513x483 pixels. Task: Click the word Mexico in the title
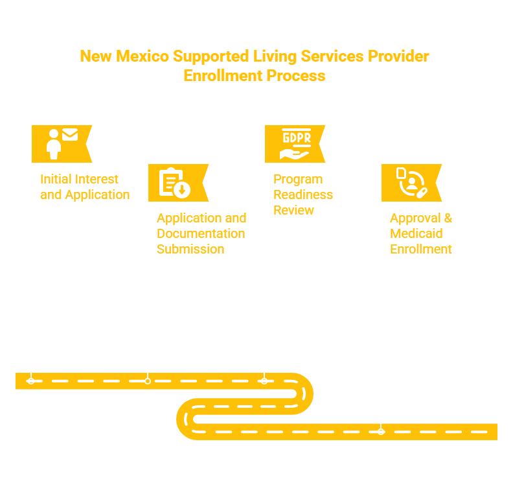pyautogui.click(x=142, y=56)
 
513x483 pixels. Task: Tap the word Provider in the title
pyautogui.click(x=398, y=56)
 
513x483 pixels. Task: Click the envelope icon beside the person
pyautogui.click(x=70, y=135)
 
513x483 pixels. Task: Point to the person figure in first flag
pyautogui.click(x=54, y=144)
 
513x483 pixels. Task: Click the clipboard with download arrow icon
pyautogui.click(x=175, y=183)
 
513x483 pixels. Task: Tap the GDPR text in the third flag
pyautogui.click(x=297, y=137)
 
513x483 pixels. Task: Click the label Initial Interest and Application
pyautogui.click(x=85, y=187)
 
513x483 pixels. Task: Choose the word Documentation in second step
pyautogui.click(x=201, y=233)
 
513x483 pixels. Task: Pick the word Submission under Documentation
pyautogui.click(x=190, y=249)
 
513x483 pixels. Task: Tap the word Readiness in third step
pyautogui.click(x=303, y=194)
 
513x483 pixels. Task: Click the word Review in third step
pyautogui.click(x=294, y=210)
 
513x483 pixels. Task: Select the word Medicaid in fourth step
pyautogui.click(x=416, y=233)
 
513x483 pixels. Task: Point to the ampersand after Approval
pyautogui.click(x=448, y=218)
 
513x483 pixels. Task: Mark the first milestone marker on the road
pyautogui.click(x=31, y=381)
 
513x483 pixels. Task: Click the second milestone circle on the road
pyautogui.click(x=148, y=381)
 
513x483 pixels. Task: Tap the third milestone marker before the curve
pyautogui.click(x=264, y=381)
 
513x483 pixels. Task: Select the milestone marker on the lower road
pyautogui.click(x=381, y=432)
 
